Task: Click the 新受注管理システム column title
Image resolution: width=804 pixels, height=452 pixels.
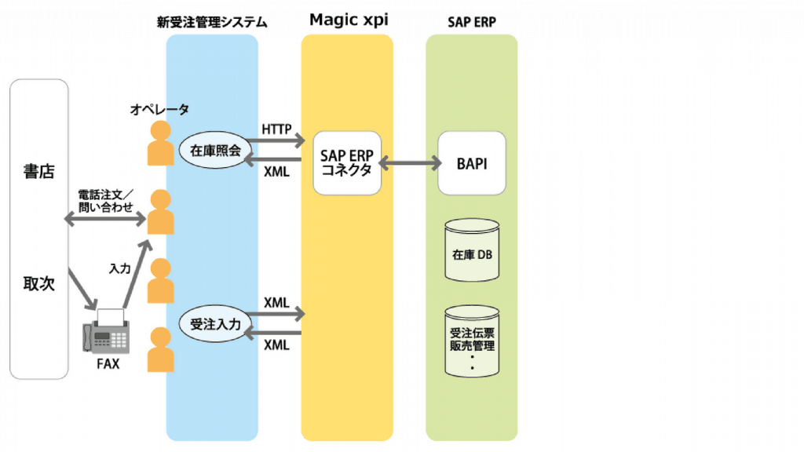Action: (x=212, y=23)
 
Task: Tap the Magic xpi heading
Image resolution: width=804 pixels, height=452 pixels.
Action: (x=348, y=19)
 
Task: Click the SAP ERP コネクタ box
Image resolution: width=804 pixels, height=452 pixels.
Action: (x=346, y=162)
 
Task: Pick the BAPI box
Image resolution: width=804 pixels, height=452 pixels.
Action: (x=472, y=163)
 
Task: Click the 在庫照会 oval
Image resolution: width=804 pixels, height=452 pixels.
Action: (x=215, y=151)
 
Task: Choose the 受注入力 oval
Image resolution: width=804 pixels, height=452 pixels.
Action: (x=215, y=323)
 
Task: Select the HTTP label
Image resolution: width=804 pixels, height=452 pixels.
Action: (x=276, y=127)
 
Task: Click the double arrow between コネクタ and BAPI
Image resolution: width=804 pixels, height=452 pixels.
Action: (x=409, y=163)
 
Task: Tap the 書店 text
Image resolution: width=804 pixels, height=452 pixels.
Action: (x=38, y=170)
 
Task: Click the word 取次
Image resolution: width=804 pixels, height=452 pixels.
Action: (x=38, y=284)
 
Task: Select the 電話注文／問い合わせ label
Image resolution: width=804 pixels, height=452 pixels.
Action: (x=105, y=200)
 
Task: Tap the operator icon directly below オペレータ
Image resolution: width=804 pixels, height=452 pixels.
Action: (x=161, y=143)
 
